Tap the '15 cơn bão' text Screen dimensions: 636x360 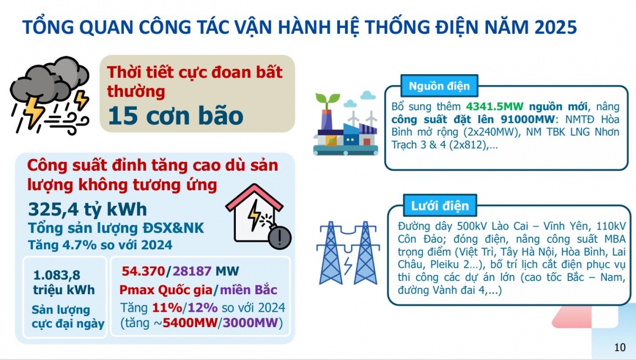pos(175,116)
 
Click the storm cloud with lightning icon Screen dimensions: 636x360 pos(50,95)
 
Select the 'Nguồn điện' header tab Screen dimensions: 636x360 pos(439,86)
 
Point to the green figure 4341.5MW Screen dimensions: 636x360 pos(494,107)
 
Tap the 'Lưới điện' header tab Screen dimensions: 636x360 pos(440,206)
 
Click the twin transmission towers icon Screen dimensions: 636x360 pos(348,253)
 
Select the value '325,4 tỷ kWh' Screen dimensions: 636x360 pos(87,209)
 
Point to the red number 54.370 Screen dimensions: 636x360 pos(144,271)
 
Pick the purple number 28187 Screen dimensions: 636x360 pos(192,271)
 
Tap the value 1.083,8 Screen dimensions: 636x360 pos(57,275)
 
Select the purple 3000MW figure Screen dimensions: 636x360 pos(250,323)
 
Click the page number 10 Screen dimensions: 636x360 pos(620,347)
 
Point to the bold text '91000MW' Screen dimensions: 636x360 pos(527,119)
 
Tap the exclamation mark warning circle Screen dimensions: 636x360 pos(280,238)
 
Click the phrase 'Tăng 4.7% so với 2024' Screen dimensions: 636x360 pos(100,245)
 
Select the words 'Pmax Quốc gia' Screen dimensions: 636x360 pos(166,290)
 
